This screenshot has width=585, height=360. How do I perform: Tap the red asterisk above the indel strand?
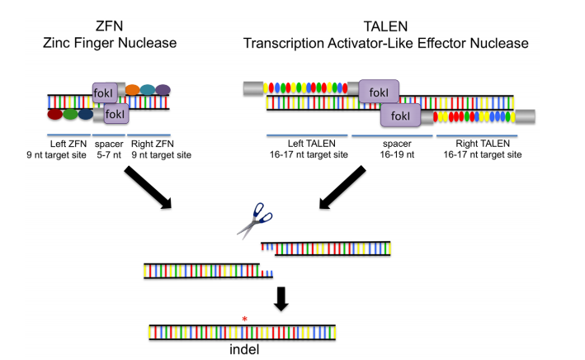[243, 319]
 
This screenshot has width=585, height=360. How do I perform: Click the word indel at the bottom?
[243, 348]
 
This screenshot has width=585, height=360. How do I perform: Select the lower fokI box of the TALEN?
[399, 117]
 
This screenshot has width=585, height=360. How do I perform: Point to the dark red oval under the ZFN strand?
[56, 115]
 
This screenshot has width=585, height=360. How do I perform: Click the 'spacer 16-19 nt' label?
[392, 149]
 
